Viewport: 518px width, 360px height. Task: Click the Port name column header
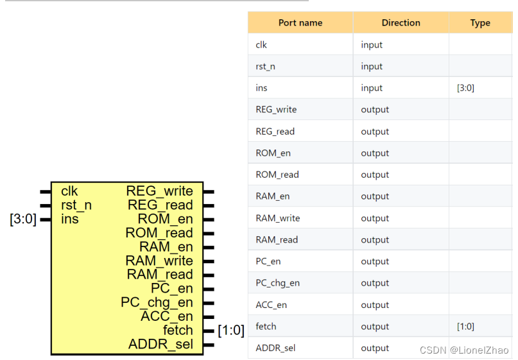[300, 23]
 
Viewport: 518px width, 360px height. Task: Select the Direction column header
[401, 23]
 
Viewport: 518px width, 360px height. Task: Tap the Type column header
[479, 23]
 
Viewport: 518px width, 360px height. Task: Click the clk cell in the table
[261, 45]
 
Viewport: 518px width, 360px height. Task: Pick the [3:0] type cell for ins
[465, 88]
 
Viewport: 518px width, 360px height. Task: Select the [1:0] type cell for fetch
[465, 327]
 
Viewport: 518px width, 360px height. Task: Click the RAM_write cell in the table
[277, 218]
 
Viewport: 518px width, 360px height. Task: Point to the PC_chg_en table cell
[277, 283]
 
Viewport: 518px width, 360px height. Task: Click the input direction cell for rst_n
[372, 67]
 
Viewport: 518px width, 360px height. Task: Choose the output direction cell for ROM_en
[375, 153]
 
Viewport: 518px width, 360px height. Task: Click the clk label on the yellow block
[69, 191]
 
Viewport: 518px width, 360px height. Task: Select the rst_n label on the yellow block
[76, 205]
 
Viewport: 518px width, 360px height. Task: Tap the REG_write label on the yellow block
[159, 191]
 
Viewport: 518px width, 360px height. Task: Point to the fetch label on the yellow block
[177, 330]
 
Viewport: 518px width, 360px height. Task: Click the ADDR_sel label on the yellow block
[160, 345]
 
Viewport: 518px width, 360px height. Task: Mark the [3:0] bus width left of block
[23, 219]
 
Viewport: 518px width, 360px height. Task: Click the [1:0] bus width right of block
[231, 330]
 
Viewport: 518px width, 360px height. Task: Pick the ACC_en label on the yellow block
[166, 316]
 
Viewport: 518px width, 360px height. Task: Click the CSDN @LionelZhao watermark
[463, 350]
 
